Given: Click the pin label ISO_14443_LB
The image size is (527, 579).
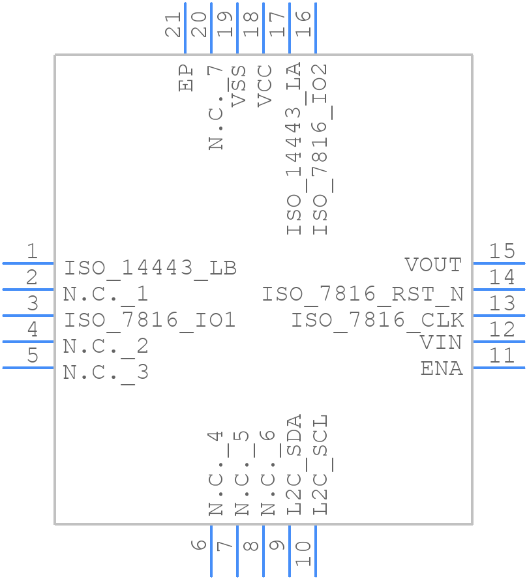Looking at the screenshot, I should point(150,268).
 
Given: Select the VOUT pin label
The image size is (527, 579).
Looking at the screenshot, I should point(433,265).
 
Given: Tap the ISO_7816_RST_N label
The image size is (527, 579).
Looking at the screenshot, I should point(363,294).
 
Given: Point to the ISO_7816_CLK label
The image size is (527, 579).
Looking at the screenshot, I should point(377,320).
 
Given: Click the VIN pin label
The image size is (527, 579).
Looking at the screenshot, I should point(441,342).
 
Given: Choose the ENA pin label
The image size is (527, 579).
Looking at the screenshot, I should point(442,368).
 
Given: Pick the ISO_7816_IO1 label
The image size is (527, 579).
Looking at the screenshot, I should point(149,320).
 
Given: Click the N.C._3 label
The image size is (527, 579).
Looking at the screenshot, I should point(106,372).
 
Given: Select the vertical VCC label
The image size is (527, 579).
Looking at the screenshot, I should point(264,85).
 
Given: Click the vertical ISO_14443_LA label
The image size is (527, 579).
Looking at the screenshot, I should point(294,149).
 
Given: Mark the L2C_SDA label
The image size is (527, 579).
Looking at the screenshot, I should point(294,464).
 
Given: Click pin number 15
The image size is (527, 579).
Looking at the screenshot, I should point(502,251).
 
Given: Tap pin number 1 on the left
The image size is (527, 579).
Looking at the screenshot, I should point(31,251).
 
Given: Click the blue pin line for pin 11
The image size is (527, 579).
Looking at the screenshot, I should point(498,368).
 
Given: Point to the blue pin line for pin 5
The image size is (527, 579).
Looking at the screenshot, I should point(28,368).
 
